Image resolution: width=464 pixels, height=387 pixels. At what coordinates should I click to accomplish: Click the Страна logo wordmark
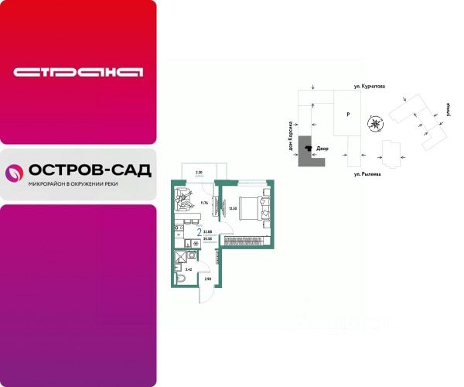(78, 73)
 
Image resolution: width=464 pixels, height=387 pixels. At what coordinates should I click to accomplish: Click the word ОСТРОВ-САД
(89, 170)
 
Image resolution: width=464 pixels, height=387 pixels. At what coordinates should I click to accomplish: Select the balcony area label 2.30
(199, 171)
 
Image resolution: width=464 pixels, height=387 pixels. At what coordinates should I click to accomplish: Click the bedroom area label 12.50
(232, 207)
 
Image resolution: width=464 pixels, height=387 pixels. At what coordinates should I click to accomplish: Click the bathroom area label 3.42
(178, 269)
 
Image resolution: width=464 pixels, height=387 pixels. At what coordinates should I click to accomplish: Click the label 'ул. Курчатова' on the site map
(370, 89)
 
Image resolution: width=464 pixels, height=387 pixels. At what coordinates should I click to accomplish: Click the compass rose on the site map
(374, 123)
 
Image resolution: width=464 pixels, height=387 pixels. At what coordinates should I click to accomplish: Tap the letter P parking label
(348, 115)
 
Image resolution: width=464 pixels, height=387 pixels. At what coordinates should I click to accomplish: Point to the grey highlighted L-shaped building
(309, 152)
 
